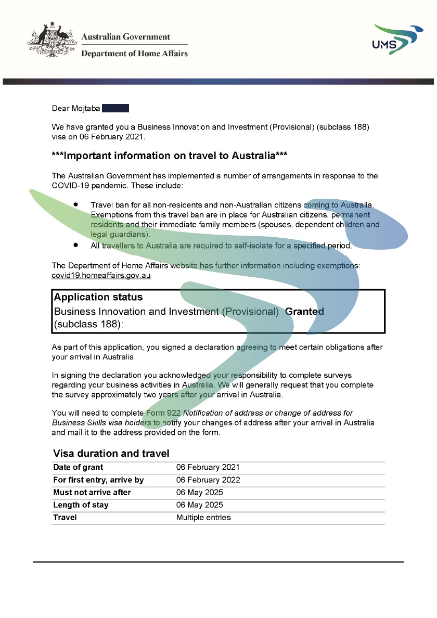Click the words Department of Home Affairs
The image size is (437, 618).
coord(134,53)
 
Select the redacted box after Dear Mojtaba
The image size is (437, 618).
coord(115,108)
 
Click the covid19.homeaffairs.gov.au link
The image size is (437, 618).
coord(101,275)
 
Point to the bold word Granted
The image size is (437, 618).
coord(304,312)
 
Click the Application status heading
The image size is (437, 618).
coord(98,297)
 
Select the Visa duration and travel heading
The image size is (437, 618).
coord(111,454)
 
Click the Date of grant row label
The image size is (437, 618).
coord(78,467)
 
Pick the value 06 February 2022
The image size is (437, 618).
coord(208,480)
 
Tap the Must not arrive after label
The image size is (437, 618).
coord(92,492)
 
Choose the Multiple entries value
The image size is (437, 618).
coord(203,517)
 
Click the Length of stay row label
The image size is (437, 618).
coord(81,505)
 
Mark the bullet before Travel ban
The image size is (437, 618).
coord(76,205)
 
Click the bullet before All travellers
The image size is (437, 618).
coord(76,244)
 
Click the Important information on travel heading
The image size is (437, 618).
coord(170,156)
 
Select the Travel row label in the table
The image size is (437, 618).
coord(65,517)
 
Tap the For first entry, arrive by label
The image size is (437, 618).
coord(98,480)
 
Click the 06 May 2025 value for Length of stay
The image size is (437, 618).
coord(200,505)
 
